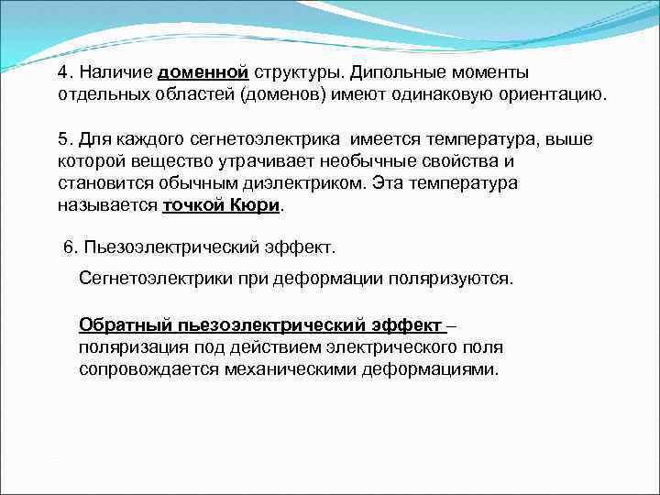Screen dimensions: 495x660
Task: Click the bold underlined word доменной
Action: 203,72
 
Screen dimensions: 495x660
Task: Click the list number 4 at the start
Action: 61,72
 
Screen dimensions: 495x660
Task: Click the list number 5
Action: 61,139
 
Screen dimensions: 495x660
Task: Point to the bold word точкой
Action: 194,205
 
